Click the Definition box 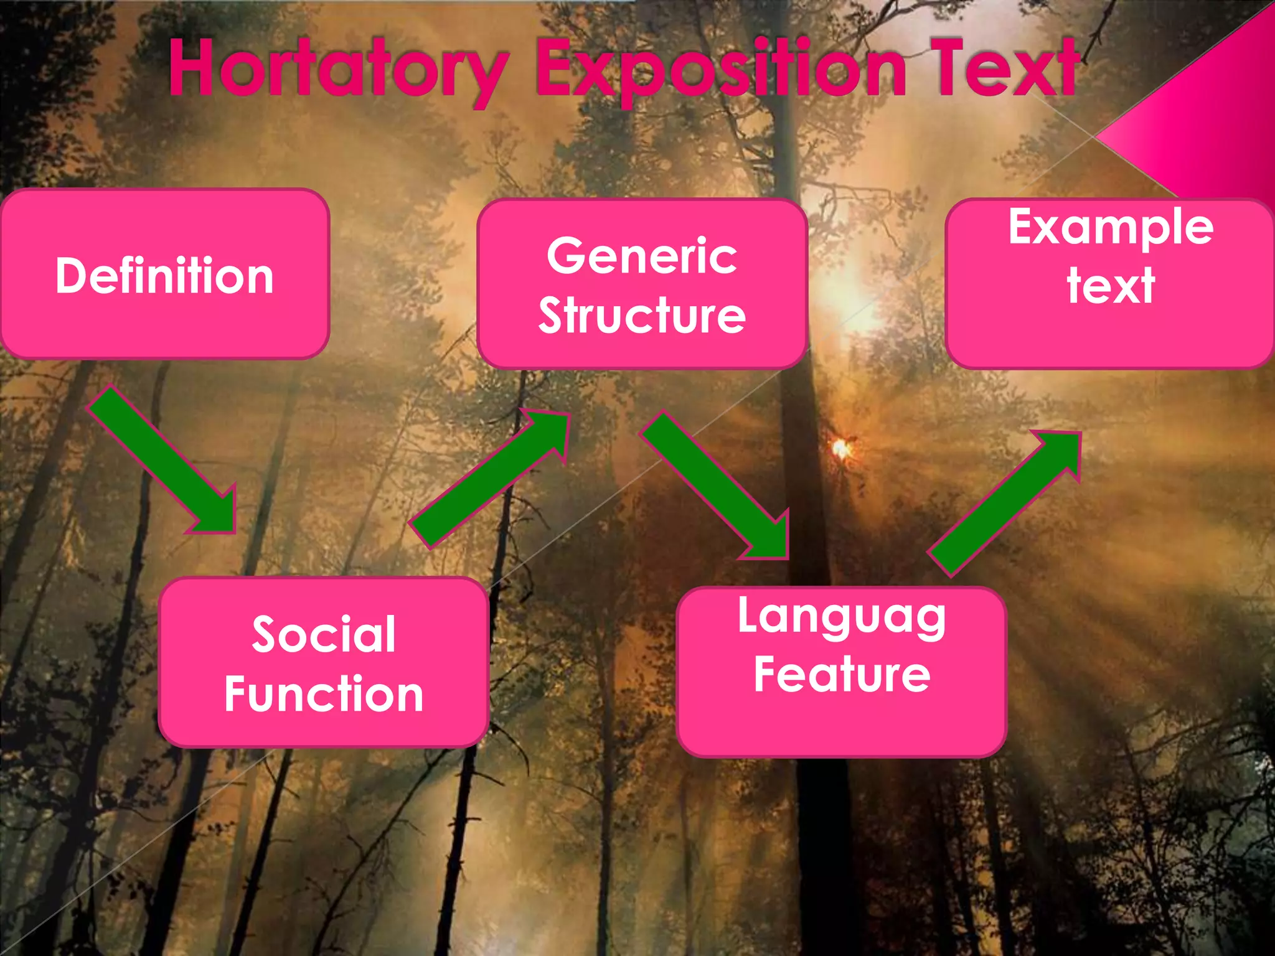164,274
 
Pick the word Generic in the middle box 642,256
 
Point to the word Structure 642,315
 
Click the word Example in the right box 1111,228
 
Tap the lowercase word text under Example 1111,285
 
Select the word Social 324,634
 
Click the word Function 324,693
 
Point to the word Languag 841,616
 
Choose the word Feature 841,674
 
